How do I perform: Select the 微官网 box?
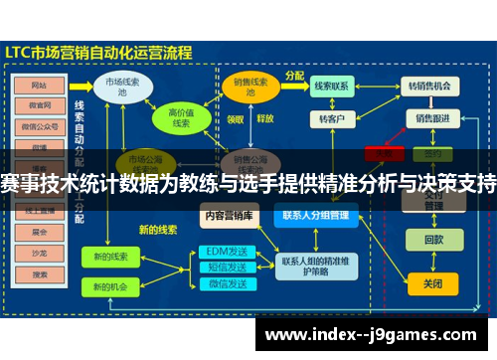pyautogui.click(x=40, y=105)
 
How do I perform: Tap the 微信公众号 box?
pyautogui.click(x=40, y=126)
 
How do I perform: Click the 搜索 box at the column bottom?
pyautogui.click(x=40, y=273)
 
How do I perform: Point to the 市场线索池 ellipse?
pyautogui.click(x=122, y=87)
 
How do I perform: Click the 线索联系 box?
pyautogui.click(x=331, y=86)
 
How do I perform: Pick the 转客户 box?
pyautogui.click(x=331, y=118)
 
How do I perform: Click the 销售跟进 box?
pyautogui.click(x=432, y=118)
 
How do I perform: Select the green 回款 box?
pyautogui.click(x=433, y=239)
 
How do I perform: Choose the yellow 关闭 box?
pyautogui.click(x=432, y=283)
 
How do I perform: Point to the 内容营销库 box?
pyautogui.click(x=229, y=214)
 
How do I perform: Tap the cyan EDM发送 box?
pyautogui.click(x=227, y=251)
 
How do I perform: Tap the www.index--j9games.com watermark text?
pyautogui.click(x=374, y=333)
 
